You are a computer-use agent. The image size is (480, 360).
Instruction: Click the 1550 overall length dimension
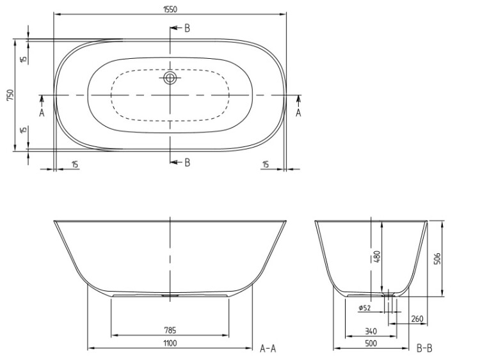tap(170, 10)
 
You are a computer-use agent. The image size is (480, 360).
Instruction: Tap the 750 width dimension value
tap(11, 95)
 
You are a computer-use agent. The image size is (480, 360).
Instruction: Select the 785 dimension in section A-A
tap(170, 331)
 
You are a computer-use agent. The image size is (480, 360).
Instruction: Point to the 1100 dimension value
tap(170, 343)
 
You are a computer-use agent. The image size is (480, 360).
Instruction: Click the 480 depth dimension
tap(378, 256)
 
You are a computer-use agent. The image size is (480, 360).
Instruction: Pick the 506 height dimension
tap(438, 259)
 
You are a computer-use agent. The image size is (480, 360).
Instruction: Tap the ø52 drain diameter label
tap(365, 308)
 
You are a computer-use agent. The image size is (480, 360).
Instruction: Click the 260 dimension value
tap(417, 319)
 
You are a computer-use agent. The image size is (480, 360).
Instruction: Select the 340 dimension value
tap(371, 331)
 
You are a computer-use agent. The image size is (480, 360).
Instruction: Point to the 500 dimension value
tap(371, 343)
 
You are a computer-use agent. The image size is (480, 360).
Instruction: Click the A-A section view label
tap(268, 348)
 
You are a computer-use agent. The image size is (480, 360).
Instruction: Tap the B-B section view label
tap(424, 348)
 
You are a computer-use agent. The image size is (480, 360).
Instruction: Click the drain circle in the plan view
tap(170, 77)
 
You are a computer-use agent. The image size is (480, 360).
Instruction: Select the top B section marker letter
tap(187, 28)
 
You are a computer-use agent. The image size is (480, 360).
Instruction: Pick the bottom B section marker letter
tap(188, 162)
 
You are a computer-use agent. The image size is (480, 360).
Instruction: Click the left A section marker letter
tap(42, 113)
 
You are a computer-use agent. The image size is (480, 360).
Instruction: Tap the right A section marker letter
tap(298, 113)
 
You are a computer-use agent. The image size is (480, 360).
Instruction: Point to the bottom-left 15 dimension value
tap(75, 164)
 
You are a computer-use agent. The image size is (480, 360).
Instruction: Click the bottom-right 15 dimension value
tap(266, 164)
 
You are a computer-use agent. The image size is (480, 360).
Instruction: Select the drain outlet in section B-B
tap(388, 294)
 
